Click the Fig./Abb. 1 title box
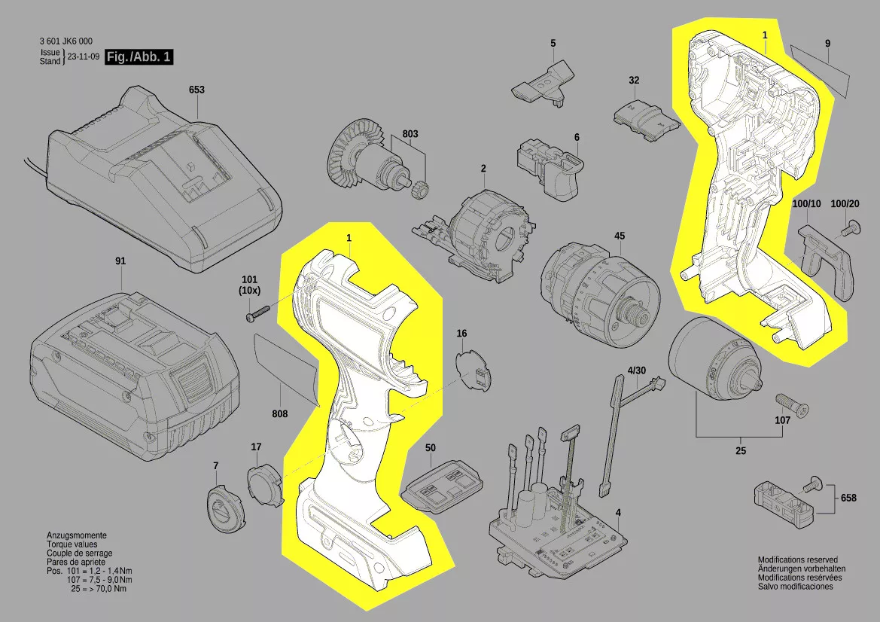click(x=139, y=56)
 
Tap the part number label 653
click(x=196, y=90)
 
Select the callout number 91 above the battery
click(x=120, y=261)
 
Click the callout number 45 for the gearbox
click(x=619, y=236)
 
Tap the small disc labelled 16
click(x=473, y=370)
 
